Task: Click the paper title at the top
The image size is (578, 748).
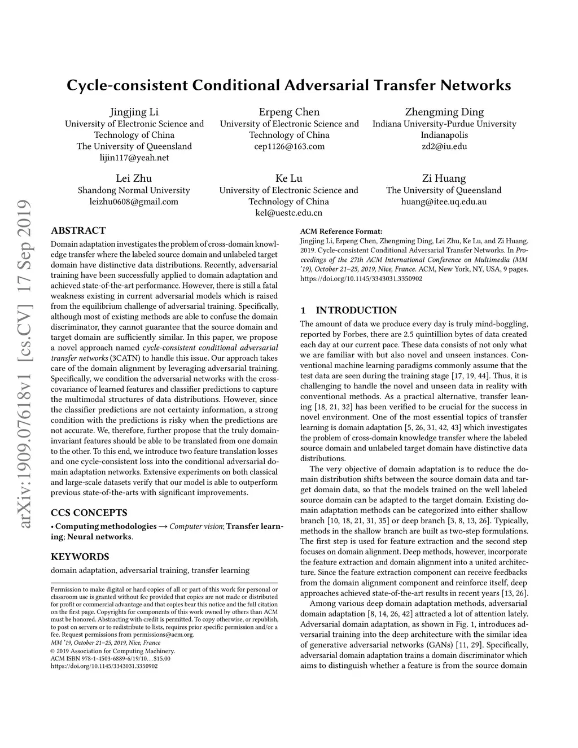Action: tap(288, 86)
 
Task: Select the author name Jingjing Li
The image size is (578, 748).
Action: tap(134, 112)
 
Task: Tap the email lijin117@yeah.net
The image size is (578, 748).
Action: tap(134, 158)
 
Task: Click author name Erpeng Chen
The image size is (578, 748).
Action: tap(289, 112)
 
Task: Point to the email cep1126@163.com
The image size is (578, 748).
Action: tap(289, 146)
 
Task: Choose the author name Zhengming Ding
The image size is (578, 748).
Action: tap(444, 112)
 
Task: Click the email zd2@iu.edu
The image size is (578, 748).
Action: tap(444, 146)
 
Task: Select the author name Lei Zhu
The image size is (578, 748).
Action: tap(134, 178)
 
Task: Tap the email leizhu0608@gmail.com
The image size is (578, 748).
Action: tap(134, 202)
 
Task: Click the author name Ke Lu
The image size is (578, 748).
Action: tap(289, 178)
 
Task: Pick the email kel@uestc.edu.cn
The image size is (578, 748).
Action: tap(289, 213)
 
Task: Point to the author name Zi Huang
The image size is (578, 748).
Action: tap(444, 178)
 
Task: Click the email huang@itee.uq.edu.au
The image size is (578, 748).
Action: tap(444, 202)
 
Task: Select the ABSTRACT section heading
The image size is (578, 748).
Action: tap(78, 230)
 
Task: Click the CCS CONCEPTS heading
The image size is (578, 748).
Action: tap(89, 513)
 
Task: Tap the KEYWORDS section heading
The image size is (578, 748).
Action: tap(80, 557)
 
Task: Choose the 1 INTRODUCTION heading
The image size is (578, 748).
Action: tap(349, 310)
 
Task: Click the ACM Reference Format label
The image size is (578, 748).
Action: tap(341, 231)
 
